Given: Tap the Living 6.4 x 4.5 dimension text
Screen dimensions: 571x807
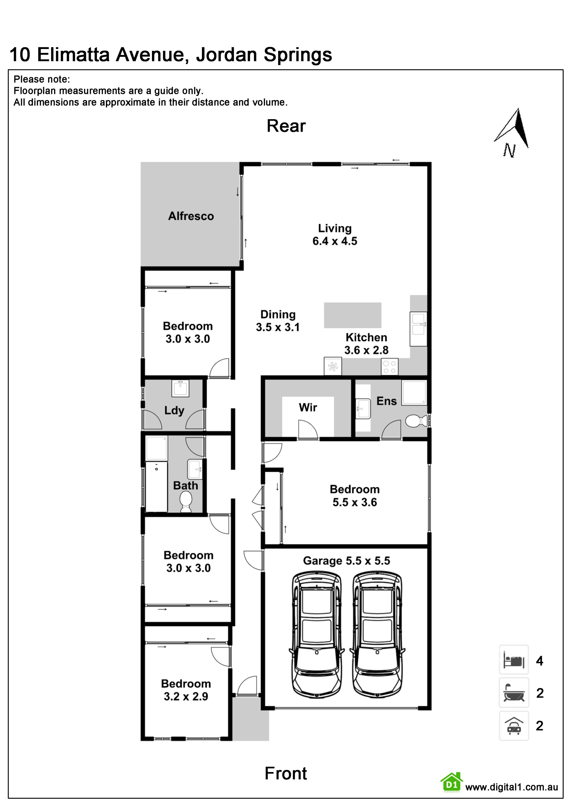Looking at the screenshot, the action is [x=335, y=241].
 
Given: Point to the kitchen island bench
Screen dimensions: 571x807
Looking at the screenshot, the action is [x=352, y=315].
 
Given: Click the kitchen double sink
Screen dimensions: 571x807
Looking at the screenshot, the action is [x=418, y=329].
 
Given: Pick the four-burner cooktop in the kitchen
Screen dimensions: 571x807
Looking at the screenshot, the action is [x=390, y=367].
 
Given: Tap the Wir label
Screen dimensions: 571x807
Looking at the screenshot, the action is [x=308, y=407].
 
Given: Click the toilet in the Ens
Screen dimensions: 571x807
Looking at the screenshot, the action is [x=417, y=421].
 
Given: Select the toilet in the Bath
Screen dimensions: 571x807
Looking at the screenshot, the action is [x=186, y=502].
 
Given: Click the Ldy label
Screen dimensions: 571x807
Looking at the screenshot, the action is [x=174, y=411].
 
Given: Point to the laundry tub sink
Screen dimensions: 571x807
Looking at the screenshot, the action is [x=181, y=388].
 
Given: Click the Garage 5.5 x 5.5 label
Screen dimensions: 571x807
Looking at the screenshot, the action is [x=346, y=561].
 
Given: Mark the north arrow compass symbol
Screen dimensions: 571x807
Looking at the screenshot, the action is [x=512, y=132].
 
